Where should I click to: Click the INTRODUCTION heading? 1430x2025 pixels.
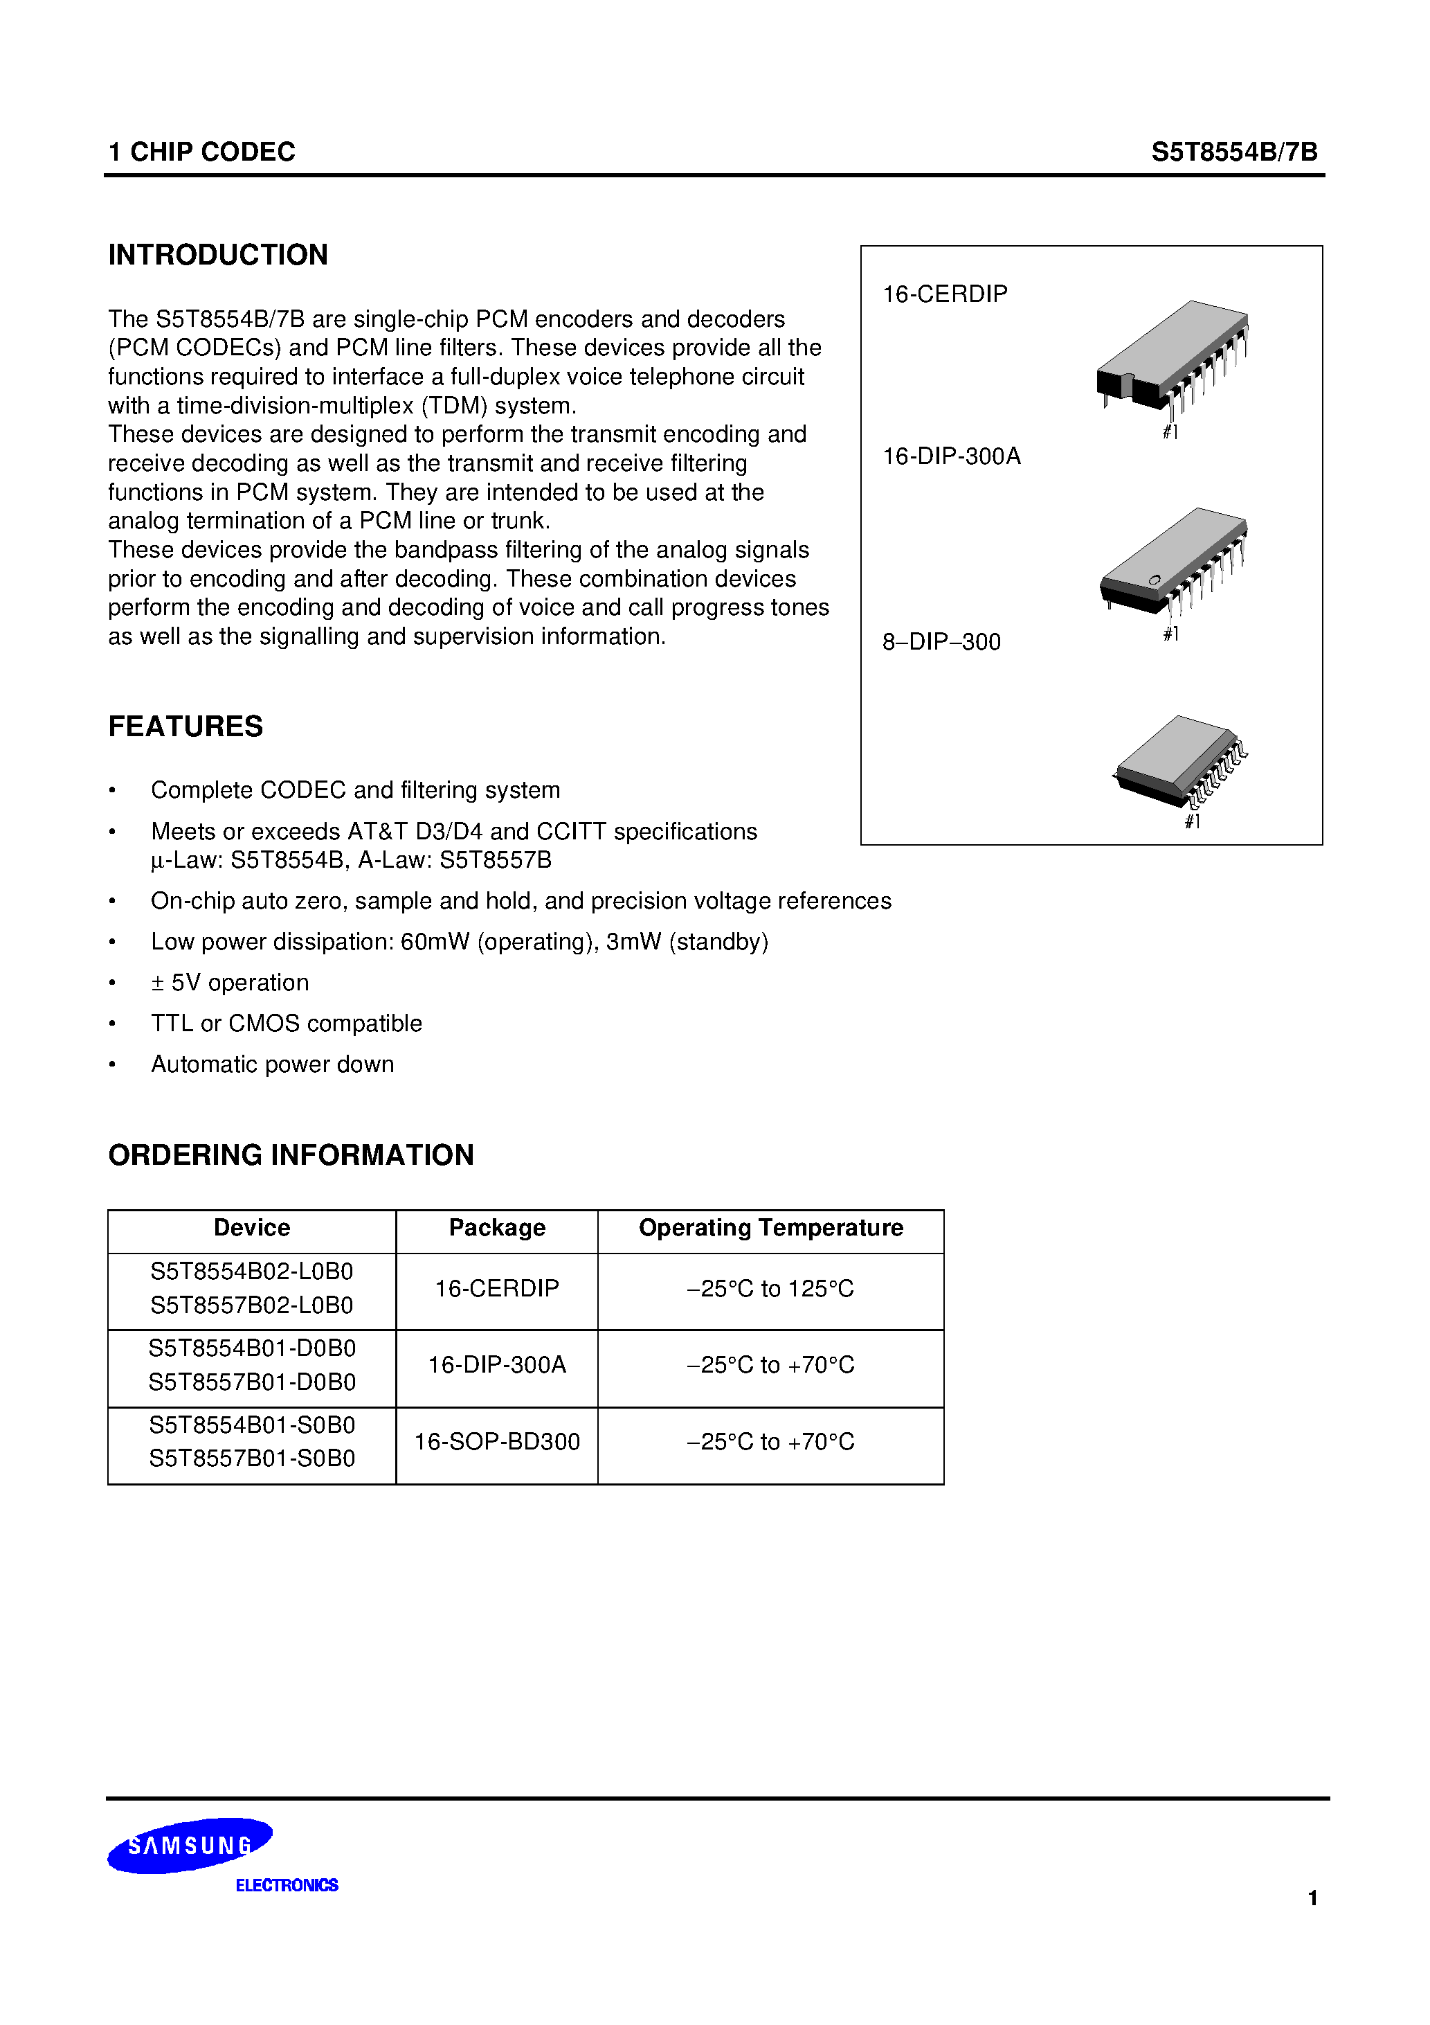[x=218, y=255]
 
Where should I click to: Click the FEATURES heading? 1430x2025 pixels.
[x=185, y=726]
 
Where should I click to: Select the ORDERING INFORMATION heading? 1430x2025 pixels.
[x=291, y=1154]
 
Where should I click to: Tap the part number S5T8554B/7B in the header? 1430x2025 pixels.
[x=1233, y=152]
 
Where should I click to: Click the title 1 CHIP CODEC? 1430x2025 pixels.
[x=202, y=152]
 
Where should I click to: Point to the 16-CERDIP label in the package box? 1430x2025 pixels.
[x=944, y=294]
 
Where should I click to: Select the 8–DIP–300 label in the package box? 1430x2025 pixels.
[x=941, y=641]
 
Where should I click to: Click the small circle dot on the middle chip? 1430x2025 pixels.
[x=1154, y=580]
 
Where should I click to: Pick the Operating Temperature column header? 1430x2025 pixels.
[x=770, y=1228]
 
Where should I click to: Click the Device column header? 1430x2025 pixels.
[x=251, y=1228]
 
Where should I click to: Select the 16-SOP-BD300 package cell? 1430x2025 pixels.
[x=497, y=1441]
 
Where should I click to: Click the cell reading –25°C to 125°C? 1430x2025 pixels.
[x=770, y=1289]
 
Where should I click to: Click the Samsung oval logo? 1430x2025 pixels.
[x=190, y=1845]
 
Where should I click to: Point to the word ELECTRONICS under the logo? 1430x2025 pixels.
[x=287, y=1885]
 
